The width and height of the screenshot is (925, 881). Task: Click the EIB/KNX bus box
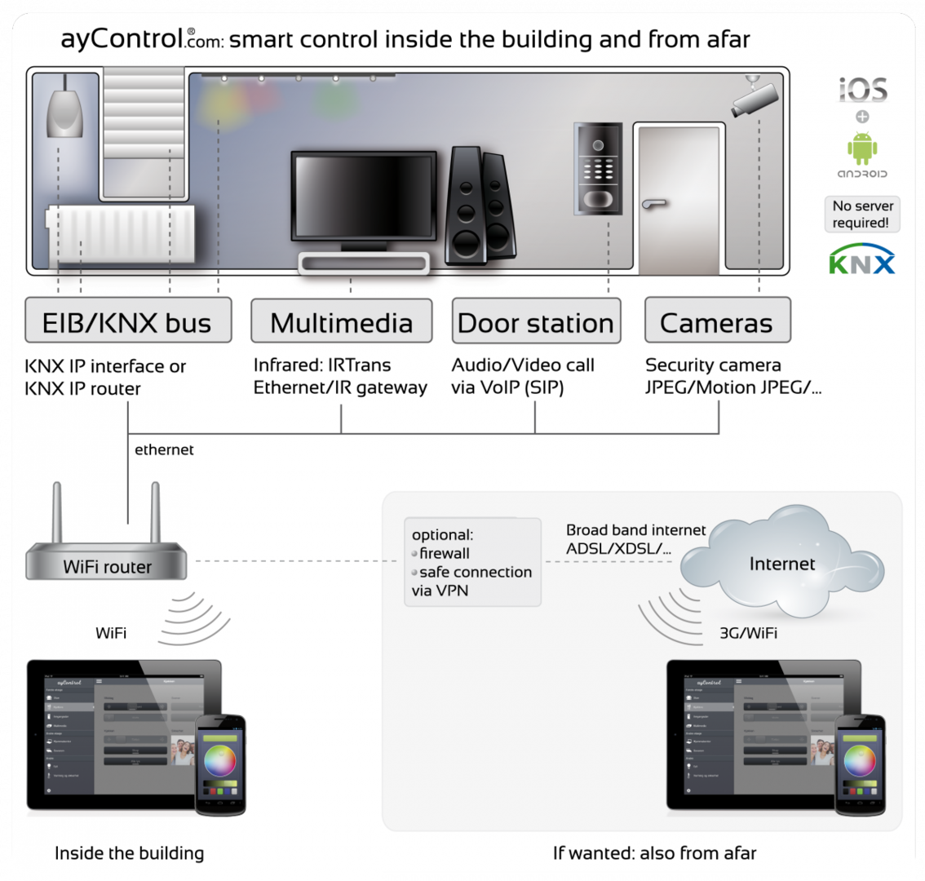[127, 321]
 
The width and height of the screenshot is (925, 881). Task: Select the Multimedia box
[342, 321]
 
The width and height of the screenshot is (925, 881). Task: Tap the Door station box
[536, 321]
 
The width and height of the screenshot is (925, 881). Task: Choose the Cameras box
[717, 321]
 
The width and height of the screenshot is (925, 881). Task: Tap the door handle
[653, 203]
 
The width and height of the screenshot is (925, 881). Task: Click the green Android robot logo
[862, 148]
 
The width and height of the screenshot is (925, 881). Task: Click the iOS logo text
[863, 90]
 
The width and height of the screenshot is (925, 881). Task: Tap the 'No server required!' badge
[863, 214]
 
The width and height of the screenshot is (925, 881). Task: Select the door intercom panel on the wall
[598, 168]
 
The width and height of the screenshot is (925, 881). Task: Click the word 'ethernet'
[164, 449]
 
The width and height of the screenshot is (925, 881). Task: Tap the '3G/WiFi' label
[748, 632]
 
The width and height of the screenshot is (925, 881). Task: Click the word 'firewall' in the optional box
[445, 553]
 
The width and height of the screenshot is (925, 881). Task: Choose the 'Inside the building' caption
[129, 853]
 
